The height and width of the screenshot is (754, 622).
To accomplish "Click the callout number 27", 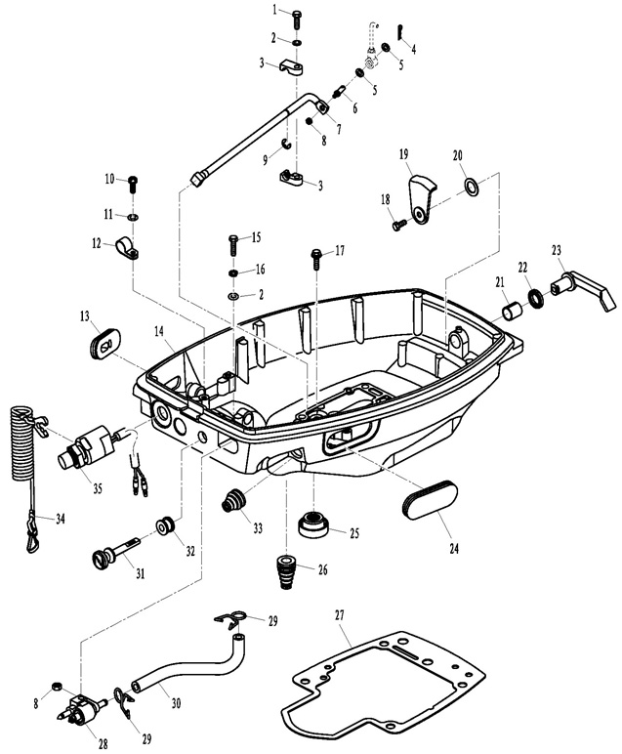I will pyautogui.click(x=340, y=616).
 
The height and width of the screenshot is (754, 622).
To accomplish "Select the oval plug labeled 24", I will pyautogui.click(x=429, y=497).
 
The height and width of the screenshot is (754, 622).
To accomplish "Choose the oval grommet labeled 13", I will pyautogui.click(x=102, y=343).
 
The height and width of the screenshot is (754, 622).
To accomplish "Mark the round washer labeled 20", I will pyautogui.click(x=471, y=185).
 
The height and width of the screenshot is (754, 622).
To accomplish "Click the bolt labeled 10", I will pyautogui.click(x=135, y=183).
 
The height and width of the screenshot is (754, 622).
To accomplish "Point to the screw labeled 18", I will pyautogui.click(x=399, y=225).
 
